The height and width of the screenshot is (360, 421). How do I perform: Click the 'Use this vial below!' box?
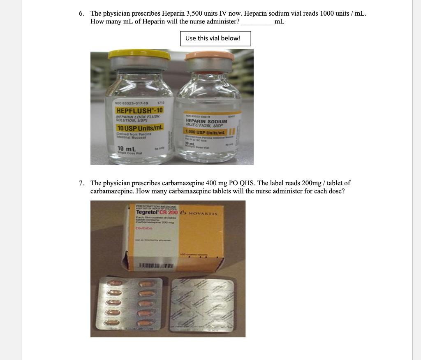(x=215, y=38)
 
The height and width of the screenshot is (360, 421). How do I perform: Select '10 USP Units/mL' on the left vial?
(x=140, y=128)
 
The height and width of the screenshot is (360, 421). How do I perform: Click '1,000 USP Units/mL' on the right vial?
(x=206, y=132)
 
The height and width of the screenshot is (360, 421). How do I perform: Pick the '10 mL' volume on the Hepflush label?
(x=126, y=149)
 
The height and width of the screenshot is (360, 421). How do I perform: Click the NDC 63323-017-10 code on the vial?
(x=133, y=102)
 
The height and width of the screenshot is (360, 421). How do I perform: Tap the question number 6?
(x=82, y=13)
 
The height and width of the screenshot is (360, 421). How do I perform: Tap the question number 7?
(x=82, y=183)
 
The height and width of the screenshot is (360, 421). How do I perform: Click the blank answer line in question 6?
(x=257, y=22)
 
